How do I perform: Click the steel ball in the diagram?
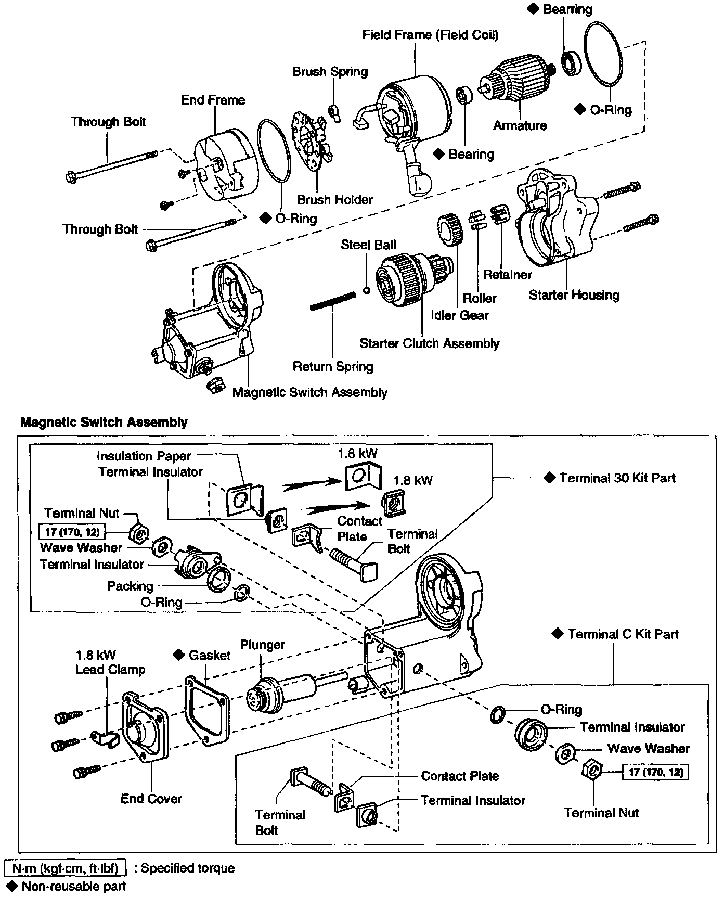(x=366, y=290)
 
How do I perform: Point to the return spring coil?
(x=333, y=301)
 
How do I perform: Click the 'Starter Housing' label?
(x=574, y=295)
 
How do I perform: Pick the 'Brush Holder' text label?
(x=334, y=199)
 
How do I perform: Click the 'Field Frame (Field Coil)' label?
(x=430, y=35)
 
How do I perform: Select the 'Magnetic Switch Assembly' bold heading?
(x=104, y=422)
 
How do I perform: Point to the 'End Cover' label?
(x=151, y=799)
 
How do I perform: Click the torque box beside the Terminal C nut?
(x=655, y=772)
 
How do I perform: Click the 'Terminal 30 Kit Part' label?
(x=617, y=478)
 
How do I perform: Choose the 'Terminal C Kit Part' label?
(x=623, y=634)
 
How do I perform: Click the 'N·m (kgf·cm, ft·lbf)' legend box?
(x=65, y=868)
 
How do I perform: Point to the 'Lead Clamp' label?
(x=110, y=670)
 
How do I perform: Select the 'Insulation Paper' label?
(x=144, y=456)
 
